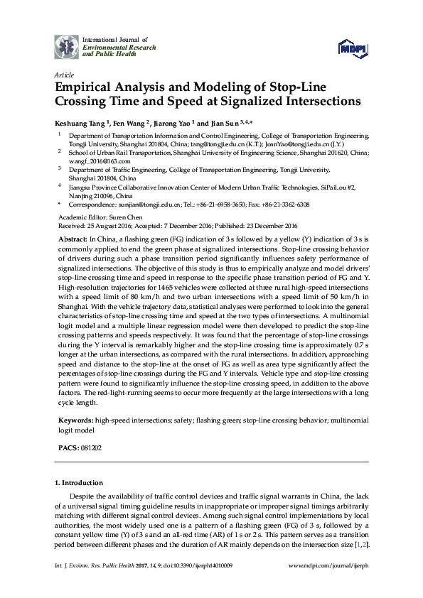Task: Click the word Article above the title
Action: click(x=64, y=74)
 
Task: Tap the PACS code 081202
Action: click(x=90, y=449)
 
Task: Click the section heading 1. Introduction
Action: click(x=79, y=483)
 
